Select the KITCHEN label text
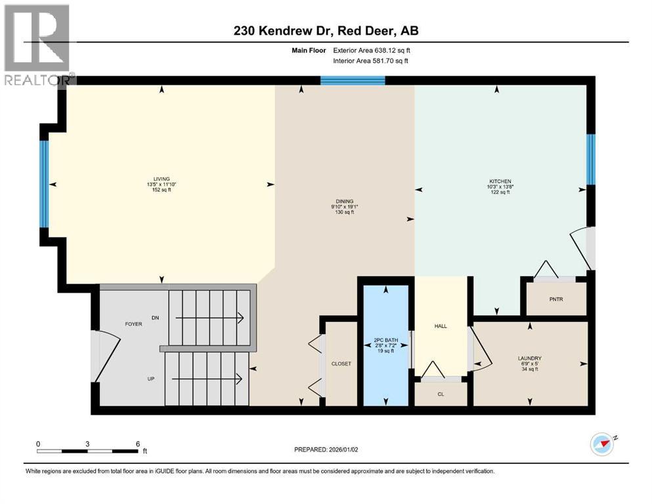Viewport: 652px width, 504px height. [500, 181]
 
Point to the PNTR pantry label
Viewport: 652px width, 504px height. [557, 300]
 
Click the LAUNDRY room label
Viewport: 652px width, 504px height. [529, 358]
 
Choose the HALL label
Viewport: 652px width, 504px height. [441, 325]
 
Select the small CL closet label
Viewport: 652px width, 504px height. [441, 395]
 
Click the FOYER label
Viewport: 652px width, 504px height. [134, 324]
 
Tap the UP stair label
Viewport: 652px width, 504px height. [150, 379]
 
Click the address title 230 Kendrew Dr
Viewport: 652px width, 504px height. [326, 30]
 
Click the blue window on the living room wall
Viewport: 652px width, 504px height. [45, 184]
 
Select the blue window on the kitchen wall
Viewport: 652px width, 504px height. [590, 159]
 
